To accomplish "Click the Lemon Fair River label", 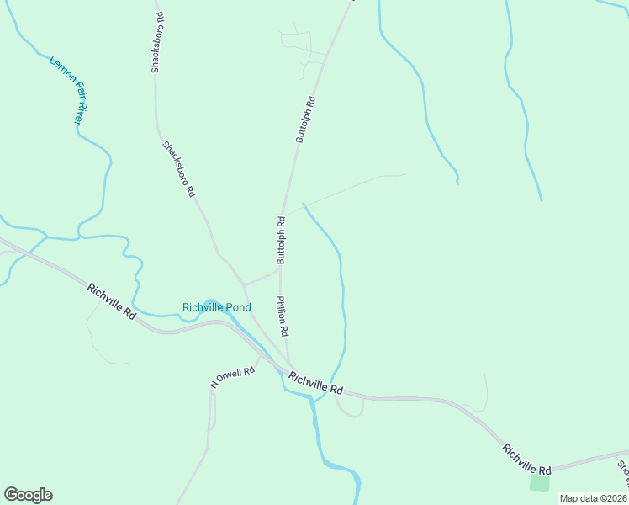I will point(68,91).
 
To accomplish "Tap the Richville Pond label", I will point(217,307).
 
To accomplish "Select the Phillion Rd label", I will point(283,316).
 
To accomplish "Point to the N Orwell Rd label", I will point(232,378).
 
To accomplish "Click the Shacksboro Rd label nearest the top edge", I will point(156,42).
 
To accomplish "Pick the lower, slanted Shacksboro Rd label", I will point(179,168).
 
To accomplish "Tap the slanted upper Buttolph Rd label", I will point(304,120).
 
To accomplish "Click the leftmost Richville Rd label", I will point(111,300).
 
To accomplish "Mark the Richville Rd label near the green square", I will point(527,458).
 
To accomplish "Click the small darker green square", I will point(539,483).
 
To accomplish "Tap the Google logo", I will point(28,495).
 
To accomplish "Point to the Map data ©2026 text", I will point(592,498).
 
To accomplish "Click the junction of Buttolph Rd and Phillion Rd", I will point(280,270).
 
